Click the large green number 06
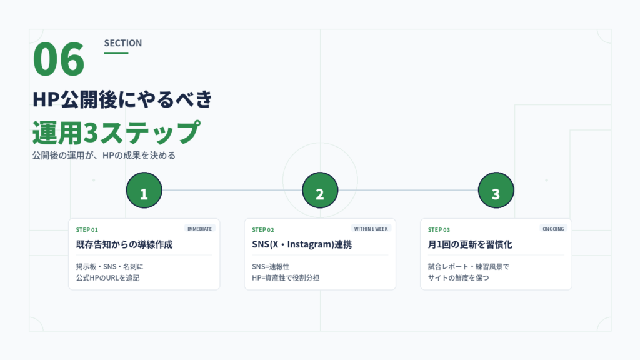point(59,59)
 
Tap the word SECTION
point(123,43)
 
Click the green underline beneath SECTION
point(116,52)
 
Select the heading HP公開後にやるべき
point(122,99)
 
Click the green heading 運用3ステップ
point(116,132)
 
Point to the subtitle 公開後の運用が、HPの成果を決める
point(104,156)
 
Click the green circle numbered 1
point(144,190)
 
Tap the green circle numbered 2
point(320,190)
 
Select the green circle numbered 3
point(496,190)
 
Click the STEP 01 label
point(87,230)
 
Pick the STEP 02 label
point(263,230)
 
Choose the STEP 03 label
point(439,230)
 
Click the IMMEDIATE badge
point(199,229)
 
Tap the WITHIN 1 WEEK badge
point(371,229)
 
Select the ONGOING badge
point(553,229)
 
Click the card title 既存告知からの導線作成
point(124,244)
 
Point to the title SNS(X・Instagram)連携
point(302,244)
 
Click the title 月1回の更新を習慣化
point(470,244)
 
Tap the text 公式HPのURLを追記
point(107,278)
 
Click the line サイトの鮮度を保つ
point(458,278)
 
